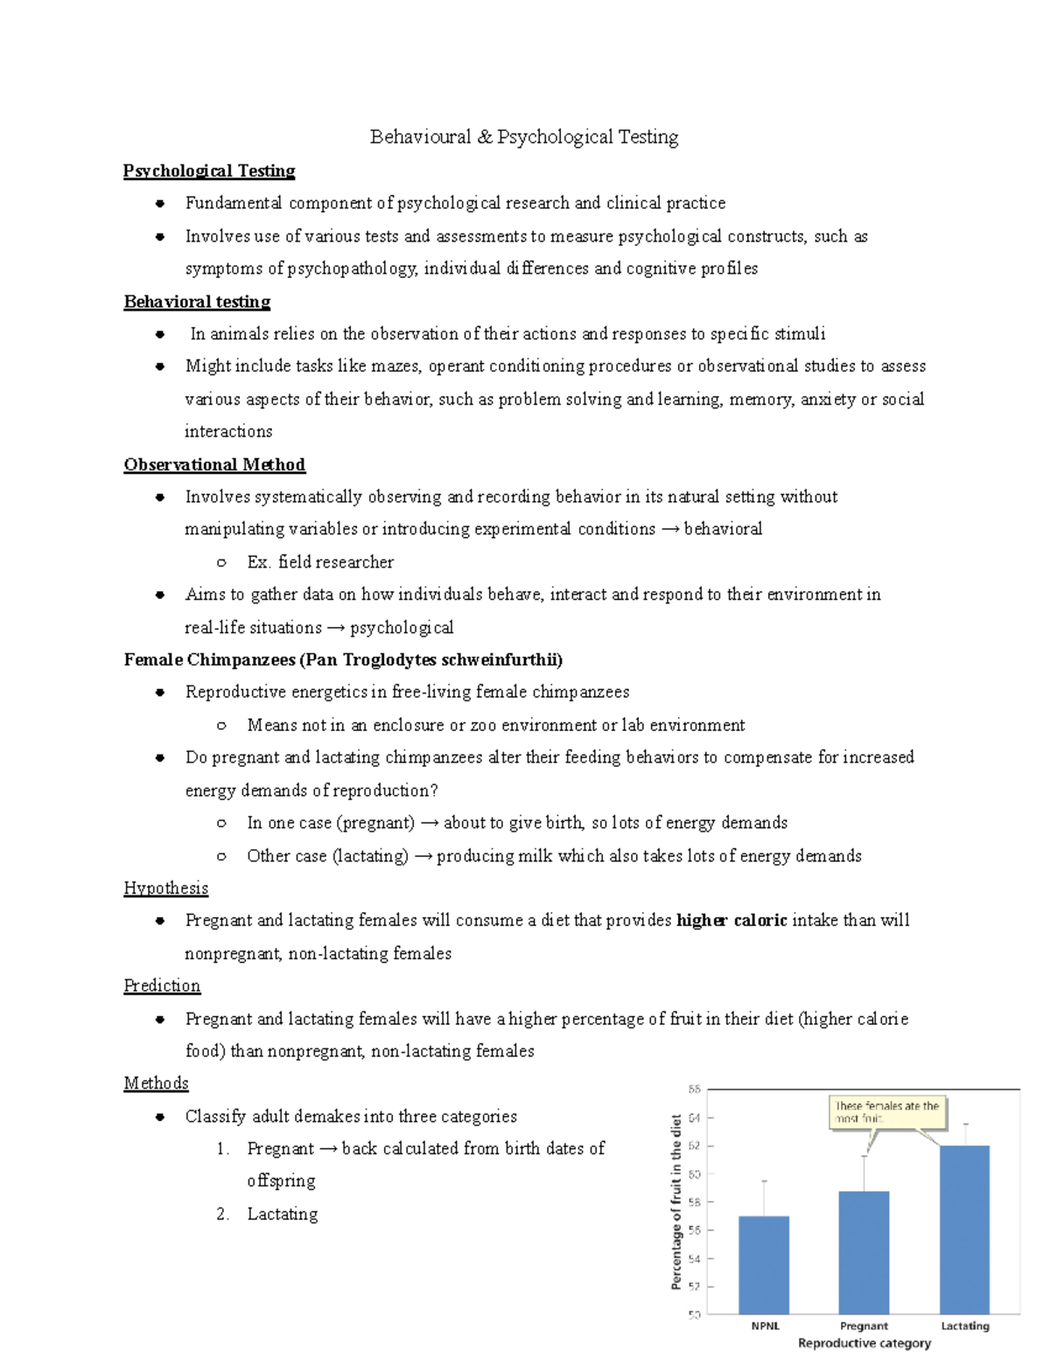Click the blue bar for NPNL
point(764,1264)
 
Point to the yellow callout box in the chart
point(887,1111)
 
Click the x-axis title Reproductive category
point(864,1343)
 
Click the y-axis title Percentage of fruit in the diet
point(675,1201)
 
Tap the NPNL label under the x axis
point(765,1326)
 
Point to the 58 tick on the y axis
point(694,1202)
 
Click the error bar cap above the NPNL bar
point(764,1181)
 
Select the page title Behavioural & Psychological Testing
point(524,136)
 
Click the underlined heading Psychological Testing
point(209,171)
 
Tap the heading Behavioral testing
point(197,302)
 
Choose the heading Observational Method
point(214,464)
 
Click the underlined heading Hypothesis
point(165,888)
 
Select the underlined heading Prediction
point(162,985)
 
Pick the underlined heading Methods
point(156,1083)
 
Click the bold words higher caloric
point(731,920)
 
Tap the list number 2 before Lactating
point(222,1214)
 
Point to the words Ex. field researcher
point(320,561)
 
